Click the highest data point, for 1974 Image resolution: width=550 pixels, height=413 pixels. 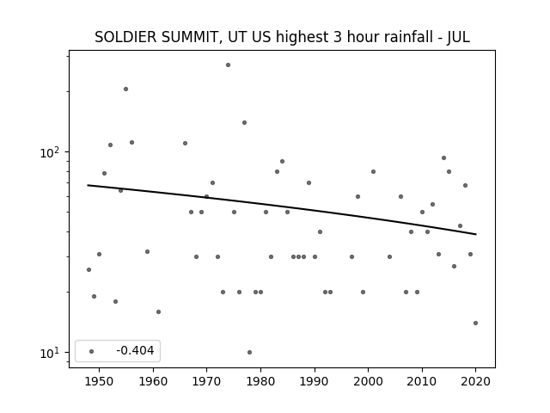[x=228, y=65]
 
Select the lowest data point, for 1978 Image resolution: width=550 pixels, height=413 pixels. [x=249, y=352]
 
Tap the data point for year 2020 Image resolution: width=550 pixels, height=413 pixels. [x=475, y=324]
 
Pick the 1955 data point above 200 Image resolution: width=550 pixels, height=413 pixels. [x=126, y=89]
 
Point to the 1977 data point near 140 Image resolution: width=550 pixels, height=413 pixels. [x=244, y=122]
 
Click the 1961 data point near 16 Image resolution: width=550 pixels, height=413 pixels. [x=158, y=311]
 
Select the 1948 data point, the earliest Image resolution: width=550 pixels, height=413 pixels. [x=89, y=269]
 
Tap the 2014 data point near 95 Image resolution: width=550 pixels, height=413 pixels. [x=443, y=158]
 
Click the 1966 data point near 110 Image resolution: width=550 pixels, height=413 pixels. [x=186, y=144]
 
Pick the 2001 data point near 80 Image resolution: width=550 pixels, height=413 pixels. [x=373, y=172]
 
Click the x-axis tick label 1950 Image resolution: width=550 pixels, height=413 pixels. [x=100, y=381]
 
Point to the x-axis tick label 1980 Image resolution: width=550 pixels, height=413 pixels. [x=260, y=381]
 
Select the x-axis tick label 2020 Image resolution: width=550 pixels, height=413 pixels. [x=475, y=381]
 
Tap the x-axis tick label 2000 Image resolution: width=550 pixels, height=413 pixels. [x=369, y=381]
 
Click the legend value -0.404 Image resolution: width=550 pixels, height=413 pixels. [x=135, y=350]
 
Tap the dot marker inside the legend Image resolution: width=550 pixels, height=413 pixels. [x=92, y=352]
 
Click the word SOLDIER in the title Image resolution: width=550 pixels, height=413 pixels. [x=125, y=37]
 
